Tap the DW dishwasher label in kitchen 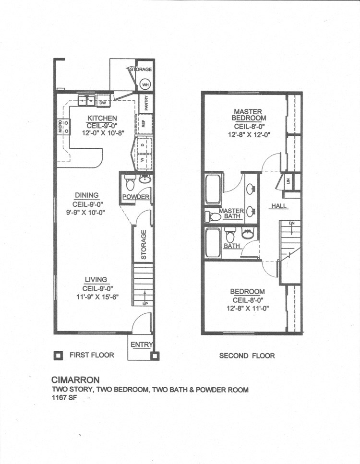pyautogui.click(x=102, y=102)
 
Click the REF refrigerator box pyautogui.click(x=144, y=123)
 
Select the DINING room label pyautogui.click(x=86, y=195)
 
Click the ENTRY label pyautogui.click(x=141, y=344)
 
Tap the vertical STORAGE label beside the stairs pyautogui.click(x=144, y=244)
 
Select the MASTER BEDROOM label pyautogui.click(x=248, y=115)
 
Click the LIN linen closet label pyautogui.click(x=288, y=181)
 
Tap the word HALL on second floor pyautogui.click(x=278, y=206)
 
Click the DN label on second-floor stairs pyautogui.click(x=291, y=224)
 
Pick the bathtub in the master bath pyautogui.click(x=213, y=190)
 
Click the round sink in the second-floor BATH pyautogui.click(x=248, y=235)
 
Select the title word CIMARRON pyautogui.click(x=75, y=380)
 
